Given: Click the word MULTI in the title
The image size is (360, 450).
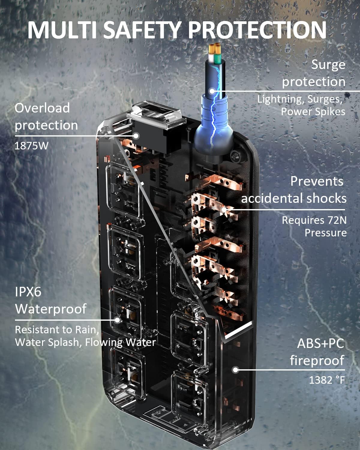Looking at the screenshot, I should pos(63,30).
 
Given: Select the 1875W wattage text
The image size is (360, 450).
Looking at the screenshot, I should pos(31,146).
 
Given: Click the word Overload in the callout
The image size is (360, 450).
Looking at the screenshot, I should pos(42,108).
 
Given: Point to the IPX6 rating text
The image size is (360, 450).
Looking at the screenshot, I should pos(28,292).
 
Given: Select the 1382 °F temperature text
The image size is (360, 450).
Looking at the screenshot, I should pos(327,380).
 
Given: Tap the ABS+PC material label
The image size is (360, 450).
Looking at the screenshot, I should pos(320,344).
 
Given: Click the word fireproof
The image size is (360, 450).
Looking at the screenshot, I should pos(317,361).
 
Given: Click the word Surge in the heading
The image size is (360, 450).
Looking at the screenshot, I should pos(328,65).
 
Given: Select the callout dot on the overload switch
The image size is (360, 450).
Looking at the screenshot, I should pos(136,136).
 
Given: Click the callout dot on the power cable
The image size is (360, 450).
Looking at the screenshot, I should pos(212,91).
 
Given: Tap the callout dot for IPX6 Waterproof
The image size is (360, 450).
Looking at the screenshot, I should pos(118,320).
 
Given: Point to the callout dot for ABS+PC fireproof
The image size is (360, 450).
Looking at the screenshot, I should pos(235,370).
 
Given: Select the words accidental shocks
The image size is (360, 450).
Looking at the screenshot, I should pos(294,199).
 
